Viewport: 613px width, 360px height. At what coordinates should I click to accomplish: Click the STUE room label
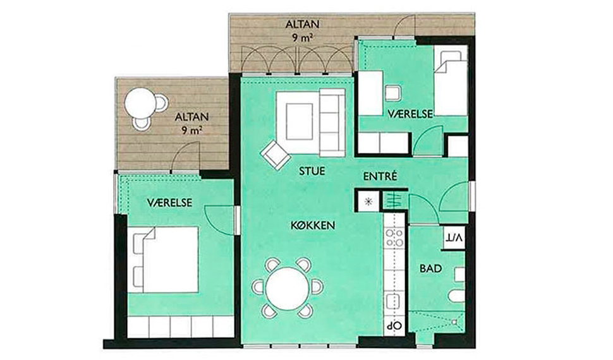[312, 171]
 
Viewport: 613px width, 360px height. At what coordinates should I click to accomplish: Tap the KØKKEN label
[313, 225]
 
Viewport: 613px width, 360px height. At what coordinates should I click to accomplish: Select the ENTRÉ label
[380, 176]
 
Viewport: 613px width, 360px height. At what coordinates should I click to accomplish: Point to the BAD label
[431, 268]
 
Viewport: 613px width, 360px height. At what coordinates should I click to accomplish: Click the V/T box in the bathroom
[454, 237]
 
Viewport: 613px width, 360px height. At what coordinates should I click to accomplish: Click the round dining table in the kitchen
[288, 289]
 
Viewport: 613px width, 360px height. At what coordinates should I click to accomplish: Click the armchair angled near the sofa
[276, 155]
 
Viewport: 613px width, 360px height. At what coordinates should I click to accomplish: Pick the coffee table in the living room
[300, 121]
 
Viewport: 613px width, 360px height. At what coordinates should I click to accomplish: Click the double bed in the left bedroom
[166, 260]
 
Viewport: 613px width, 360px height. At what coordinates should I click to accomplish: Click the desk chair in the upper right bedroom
[393, 93]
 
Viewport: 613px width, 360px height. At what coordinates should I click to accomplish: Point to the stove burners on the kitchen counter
[394, 238]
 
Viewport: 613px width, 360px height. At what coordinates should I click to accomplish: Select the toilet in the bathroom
[456, 296]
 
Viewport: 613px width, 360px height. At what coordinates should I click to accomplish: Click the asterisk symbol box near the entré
[368, 201]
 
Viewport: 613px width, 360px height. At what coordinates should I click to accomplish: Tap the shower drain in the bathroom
[454, 322]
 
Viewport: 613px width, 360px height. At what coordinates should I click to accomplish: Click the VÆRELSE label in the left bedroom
[169, 203]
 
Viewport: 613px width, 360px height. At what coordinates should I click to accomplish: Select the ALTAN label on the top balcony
[302, 24]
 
